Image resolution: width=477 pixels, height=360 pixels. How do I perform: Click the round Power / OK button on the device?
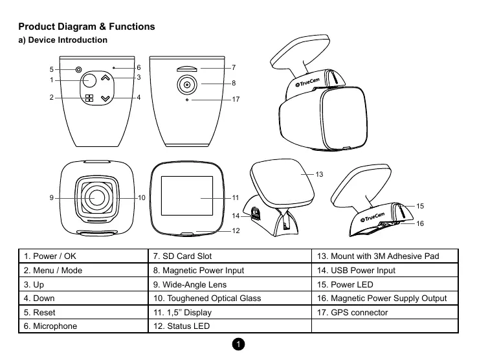(x=89, y=80)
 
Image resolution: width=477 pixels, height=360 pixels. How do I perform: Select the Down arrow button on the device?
(x=106, y=98)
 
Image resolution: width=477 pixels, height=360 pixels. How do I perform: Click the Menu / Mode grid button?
(x=89, y=99)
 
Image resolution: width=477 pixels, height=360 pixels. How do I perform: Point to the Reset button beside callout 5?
(x=78, y=69)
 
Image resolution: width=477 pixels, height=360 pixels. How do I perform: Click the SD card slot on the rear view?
(x=187, y=67)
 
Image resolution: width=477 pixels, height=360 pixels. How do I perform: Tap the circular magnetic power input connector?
(x=187, y=85)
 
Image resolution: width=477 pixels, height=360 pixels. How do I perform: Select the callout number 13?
(x=319, y=175)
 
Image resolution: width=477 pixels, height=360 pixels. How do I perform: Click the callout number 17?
(x=236, y=100)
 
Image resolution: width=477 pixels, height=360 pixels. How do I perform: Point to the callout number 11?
(x=236, y=197)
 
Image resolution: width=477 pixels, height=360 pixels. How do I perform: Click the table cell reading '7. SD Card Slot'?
(x=229, y=256)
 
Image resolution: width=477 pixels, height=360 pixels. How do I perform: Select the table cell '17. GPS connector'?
(x=384, y=312)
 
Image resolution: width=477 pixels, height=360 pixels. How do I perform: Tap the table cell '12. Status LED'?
(x=229, y=326)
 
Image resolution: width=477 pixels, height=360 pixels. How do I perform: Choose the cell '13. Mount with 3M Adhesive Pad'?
(x=384, y=256)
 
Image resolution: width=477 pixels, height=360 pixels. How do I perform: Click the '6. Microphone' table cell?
(x=82, y=326)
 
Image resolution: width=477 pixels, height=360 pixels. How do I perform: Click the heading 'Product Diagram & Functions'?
(x=87, y=27)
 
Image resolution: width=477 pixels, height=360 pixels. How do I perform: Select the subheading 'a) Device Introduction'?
(x=63, y=41)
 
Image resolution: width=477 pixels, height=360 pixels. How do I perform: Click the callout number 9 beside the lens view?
(x=50, y=197)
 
